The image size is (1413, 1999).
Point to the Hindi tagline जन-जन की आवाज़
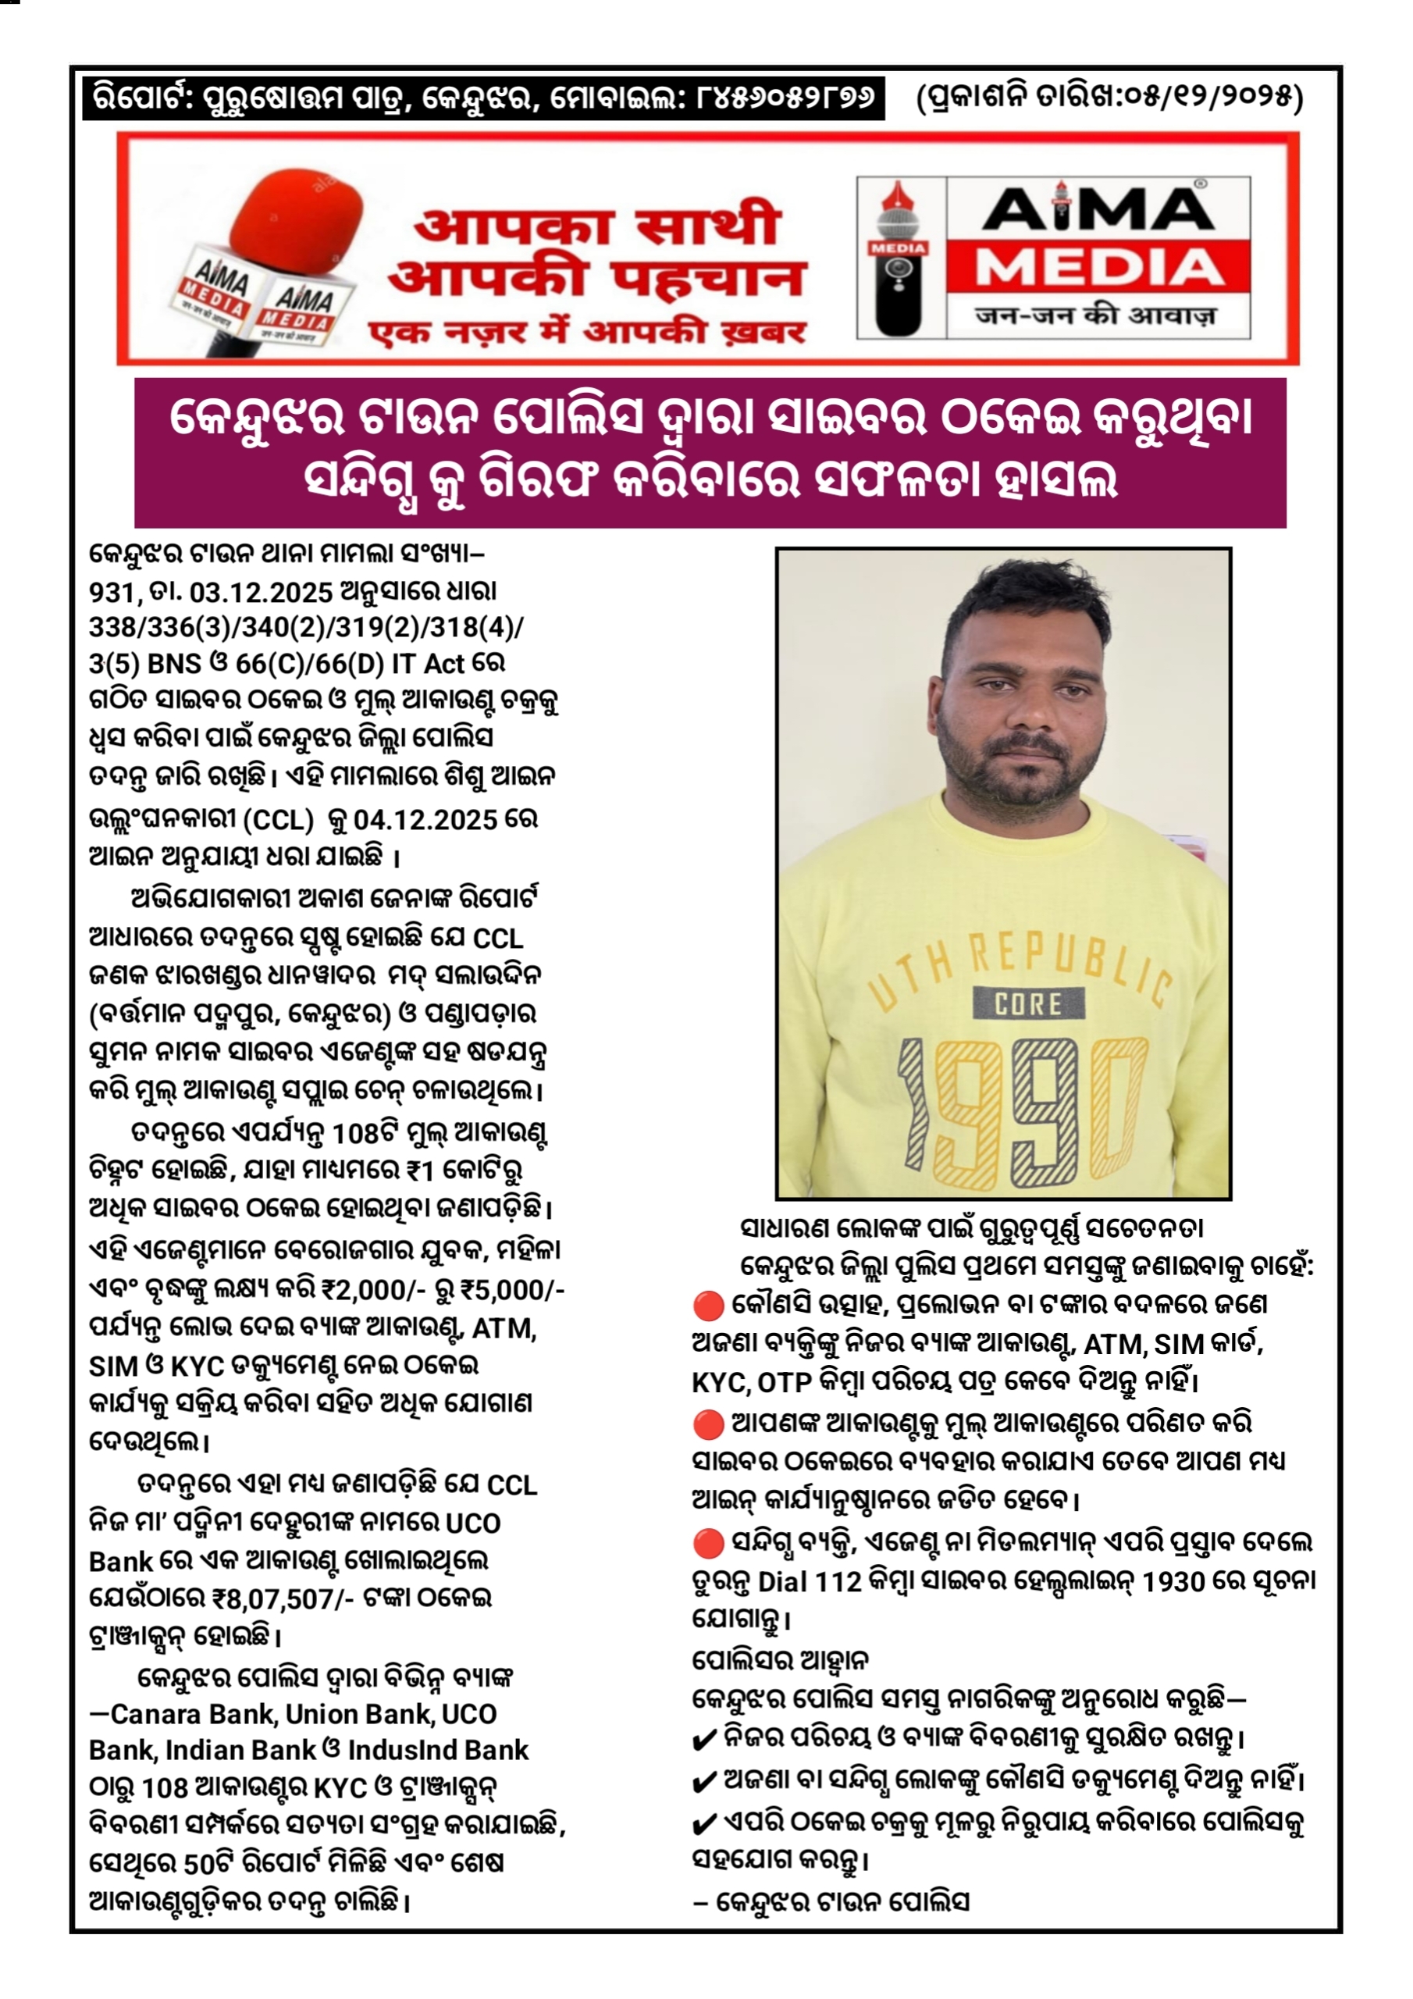click(x=1096, y=316)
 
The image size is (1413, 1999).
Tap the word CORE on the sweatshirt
click(x=1028, y=1003)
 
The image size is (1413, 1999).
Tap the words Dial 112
click(x=810, y=1580)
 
